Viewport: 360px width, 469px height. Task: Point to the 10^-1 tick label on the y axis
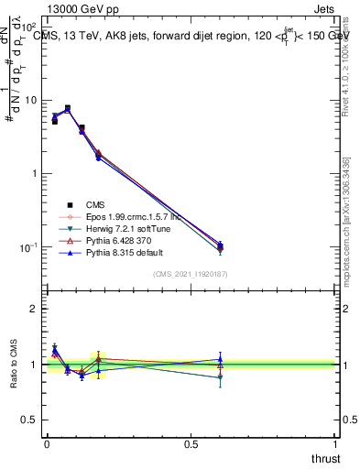tap(27, 247)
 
